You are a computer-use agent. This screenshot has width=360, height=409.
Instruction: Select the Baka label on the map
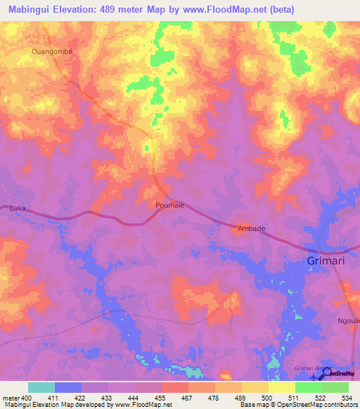(18, 208)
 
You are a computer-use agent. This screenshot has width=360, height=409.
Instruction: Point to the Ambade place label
(250, 228)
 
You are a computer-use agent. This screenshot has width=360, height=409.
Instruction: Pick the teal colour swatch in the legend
(41, 387)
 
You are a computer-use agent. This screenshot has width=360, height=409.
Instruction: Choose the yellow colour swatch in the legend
(282, 387)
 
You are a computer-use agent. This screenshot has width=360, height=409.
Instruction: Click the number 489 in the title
(118, 9)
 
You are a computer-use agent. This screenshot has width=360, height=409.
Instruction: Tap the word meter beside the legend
(12, 398)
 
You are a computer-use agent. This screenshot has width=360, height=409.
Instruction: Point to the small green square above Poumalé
(147, 148)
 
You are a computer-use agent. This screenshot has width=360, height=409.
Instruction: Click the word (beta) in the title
(278, 9)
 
